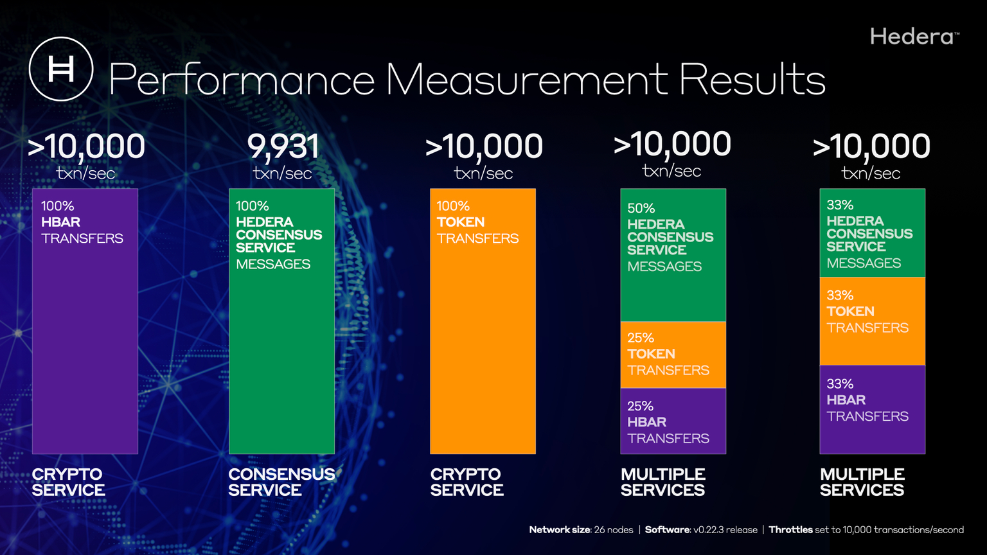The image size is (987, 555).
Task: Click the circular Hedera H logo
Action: [x=61, y=69]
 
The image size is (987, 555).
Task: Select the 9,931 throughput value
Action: [x=283, y=146]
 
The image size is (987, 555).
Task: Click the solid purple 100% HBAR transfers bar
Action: [x=85, y=347]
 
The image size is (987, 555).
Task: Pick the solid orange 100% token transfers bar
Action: [x=483, y=347]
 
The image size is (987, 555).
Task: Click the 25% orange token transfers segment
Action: [x=673, y=355]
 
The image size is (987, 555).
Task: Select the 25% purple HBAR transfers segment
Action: [x=673, y=421]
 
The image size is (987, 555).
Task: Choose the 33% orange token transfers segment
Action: [x=872, y=321]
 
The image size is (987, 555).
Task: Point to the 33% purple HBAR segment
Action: [x=872, y=410]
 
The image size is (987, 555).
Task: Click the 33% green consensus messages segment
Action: [x=872, y=233]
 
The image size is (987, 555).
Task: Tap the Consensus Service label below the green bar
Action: [x=281, y=482]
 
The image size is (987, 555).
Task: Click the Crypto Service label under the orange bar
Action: [x=467, y=482]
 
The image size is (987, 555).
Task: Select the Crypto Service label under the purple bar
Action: [x=68, y=482]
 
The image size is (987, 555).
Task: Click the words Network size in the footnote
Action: [x=559, y=530]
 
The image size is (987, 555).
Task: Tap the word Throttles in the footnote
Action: [x=790, y=530]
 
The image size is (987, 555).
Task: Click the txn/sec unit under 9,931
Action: [x=283, y=173]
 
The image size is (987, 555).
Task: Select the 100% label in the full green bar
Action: [x=252, y=206]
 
